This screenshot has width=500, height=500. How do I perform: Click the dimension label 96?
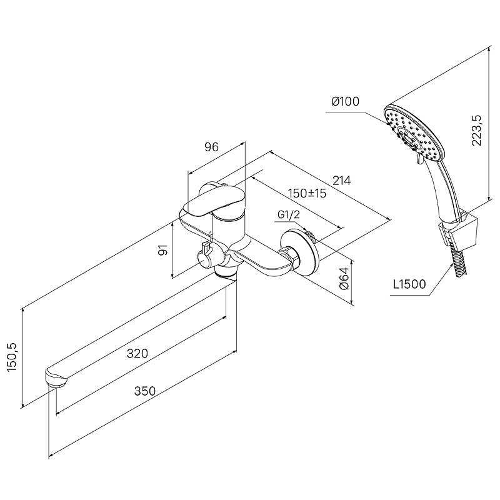(212, 147)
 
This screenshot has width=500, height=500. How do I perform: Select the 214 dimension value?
(341, 181)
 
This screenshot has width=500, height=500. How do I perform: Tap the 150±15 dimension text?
(307, 193)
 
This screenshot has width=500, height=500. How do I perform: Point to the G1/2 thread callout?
(289, 215)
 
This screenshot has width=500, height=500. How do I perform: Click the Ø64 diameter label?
(344, 278)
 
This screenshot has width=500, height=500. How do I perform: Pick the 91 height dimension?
(163, 251)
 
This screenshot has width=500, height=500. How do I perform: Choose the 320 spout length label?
(137, 353)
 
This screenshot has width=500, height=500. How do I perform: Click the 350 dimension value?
(145, 391)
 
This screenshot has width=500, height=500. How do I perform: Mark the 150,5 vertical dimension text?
(12, 357)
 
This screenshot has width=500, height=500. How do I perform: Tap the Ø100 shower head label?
(346, 101)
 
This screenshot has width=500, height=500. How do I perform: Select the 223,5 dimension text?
(476, 130)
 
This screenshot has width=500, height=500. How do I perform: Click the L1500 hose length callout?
(409, 284)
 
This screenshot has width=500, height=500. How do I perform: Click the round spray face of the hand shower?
(414, 132)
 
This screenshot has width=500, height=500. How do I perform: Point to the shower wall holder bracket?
(458, 230)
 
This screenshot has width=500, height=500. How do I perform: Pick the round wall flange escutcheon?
(300, 252)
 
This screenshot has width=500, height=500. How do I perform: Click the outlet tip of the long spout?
(56, 379)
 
